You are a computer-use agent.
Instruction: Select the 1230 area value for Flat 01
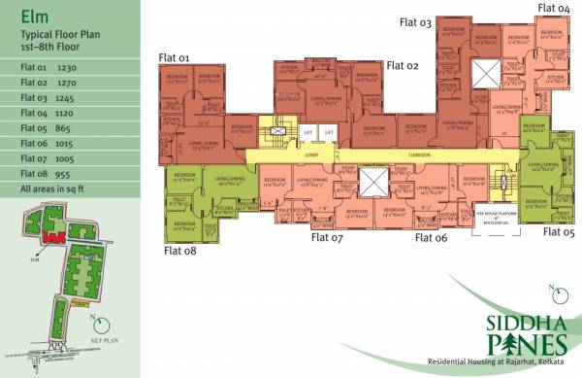(x=67, y=68)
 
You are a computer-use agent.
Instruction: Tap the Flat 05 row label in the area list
(x=34, y=128)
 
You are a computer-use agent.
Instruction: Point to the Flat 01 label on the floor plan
(x=174, y=57)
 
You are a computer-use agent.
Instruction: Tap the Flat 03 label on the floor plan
(x=413, y=22)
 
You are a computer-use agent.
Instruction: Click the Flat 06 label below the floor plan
(x=431, y=236)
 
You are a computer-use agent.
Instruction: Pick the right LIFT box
(x=329, y=133)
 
